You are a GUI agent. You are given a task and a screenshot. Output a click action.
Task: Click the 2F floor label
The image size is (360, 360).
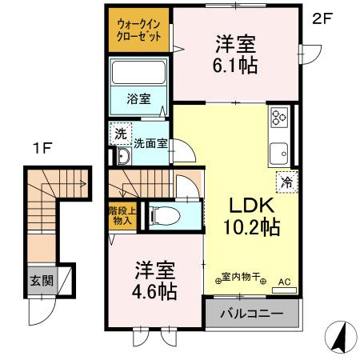pos(322,18)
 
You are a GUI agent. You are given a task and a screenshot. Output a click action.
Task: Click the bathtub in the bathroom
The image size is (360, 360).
pos(138,74)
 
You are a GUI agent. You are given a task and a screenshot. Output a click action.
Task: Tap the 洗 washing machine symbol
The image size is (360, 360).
pos(118,134)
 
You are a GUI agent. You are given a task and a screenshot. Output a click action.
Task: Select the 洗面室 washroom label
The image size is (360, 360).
pos(150,145)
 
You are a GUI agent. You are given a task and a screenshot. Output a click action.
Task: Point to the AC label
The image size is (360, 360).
pos(285,282)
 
